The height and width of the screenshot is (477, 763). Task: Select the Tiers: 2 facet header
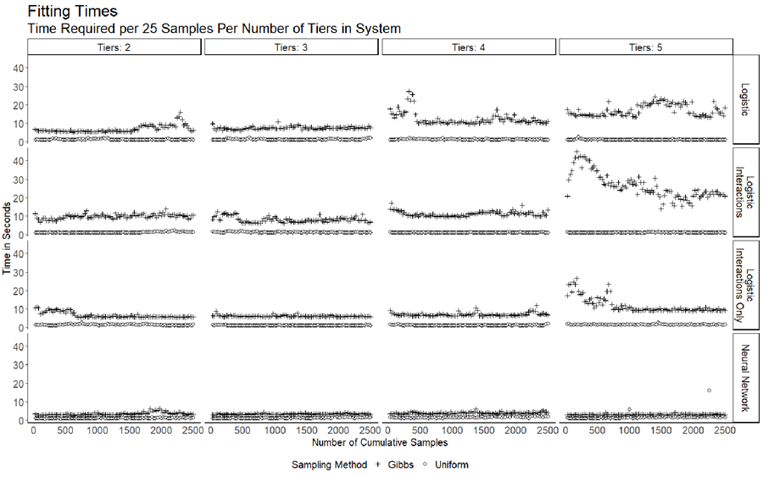[114, 48]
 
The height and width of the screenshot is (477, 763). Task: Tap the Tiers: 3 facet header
[292, 48]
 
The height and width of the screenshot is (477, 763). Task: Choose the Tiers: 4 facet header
[469, 48]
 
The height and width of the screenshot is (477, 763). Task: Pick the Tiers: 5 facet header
[645, 48]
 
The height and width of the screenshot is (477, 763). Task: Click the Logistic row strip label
[745, 100]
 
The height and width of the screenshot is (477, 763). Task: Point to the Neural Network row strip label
[745, 377]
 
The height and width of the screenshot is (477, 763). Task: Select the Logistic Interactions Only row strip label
[745, 285]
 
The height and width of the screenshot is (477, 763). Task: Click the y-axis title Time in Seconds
[8, 239]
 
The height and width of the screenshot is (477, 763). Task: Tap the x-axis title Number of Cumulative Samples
[379, 442]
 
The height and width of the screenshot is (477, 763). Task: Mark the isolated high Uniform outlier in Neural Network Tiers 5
[708, 391]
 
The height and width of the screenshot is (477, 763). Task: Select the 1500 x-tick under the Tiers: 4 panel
[483, 430]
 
